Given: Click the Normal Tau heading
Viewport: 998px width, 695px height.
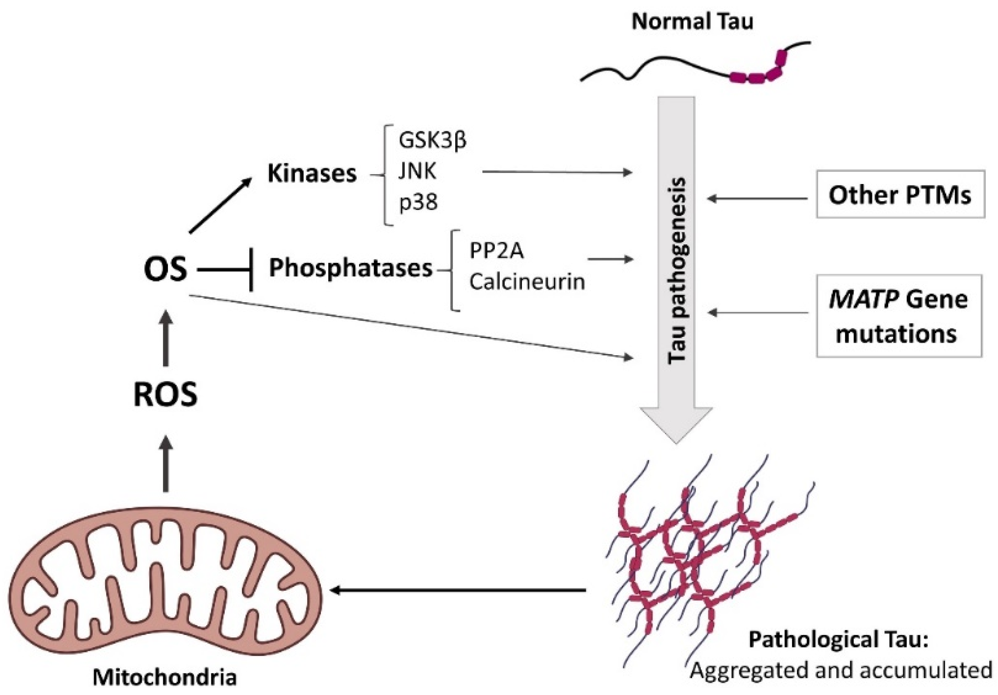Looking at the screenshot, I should [x=692, y=22].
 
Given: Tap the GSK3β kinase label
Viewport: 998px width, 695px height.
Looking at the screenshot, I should [x=433, y=141].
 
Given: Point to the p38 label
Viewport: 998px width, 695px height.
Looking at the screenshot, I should [x=418, y=202].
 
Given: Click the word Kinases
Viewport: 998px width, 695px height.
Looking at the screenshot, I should [x=312, y=173].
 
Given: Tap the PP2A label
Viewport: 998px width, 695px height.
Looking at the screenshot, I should [x=496, y=251].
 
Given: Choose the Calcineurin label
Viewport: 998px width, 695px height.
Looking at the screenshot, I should [x=527, y=282].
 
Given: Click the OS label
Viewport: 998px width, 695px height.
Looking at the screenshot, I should [x=165, y=269].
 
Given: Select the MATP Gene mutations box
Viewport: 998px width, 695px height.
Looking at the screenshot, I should [x=898, y=316].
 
